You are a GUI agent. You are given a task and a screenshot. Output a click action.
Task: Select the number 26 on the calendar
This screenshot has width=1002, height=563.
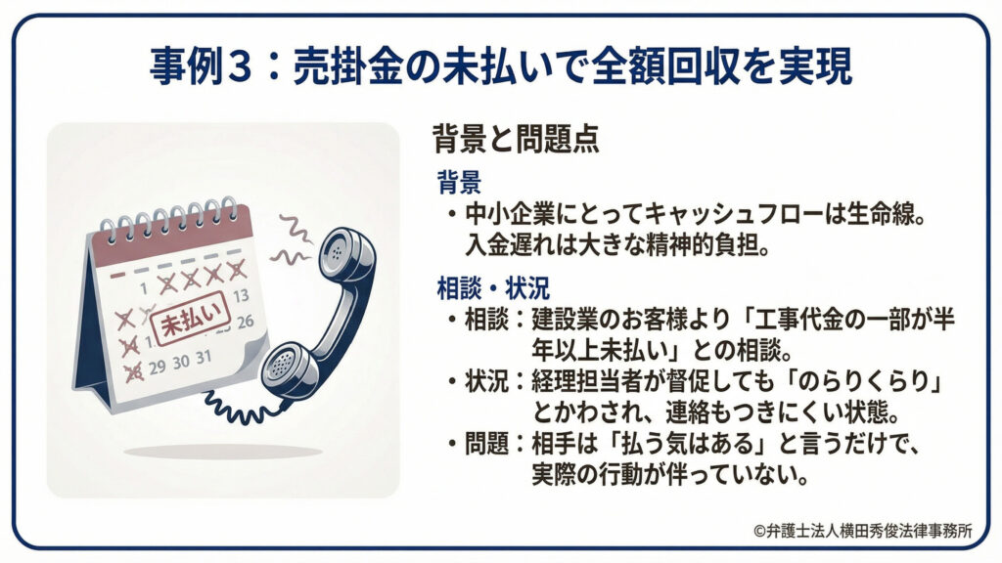(x=246, y=320)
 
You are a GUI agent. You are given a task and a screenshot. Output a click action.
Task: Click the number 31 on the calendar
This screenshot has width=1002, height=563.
(x=203, y=357)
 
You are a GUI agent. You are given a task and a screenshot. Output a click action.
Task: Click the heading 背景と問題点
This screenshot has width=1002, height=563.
(x=516, y=140)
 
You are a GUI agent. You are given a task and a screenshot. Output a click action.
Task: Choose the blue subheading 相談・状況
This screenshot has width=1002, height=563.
(x=493, y=288)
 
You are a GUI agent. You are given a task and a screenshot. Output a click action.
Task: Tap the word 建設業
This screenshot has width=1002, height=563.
(x=567, y=320)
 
